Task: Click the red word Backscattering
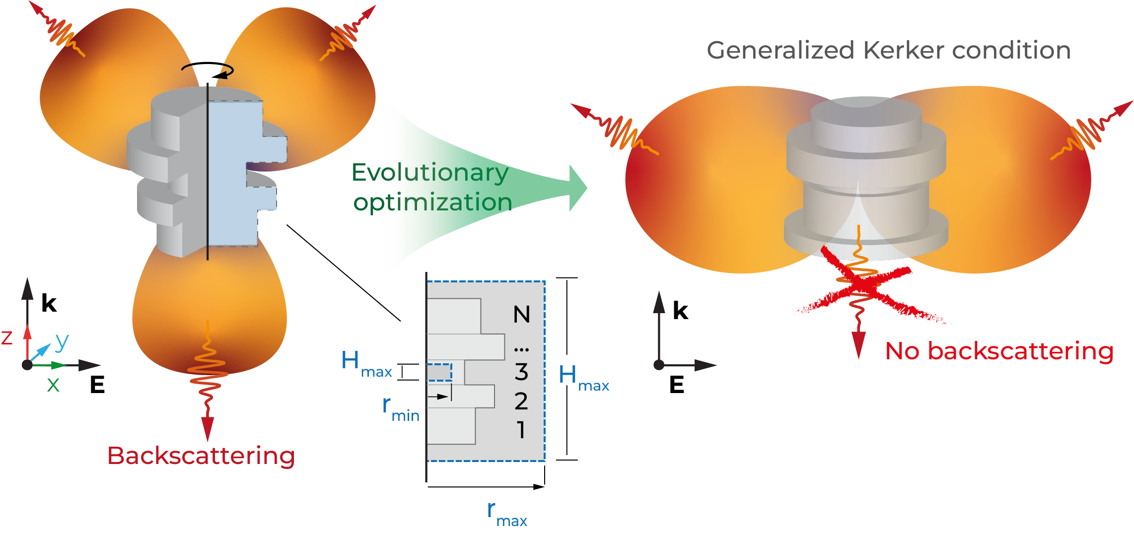201,456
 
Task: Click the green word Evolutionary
429,173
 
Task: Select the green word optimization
432,202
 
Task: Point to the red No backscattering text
999,351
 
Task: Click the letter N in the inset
521,315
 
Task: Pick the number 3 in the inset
521,372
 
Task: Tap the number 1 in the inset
521,430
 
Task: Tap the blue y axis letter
62,341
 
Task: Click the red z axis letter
7,338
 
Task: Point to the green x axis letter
53,385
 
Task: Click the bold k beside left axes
49,303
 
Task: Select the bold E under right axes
677,385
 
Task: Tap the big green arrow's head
578,188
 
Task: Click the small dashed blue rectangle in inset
439,372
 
